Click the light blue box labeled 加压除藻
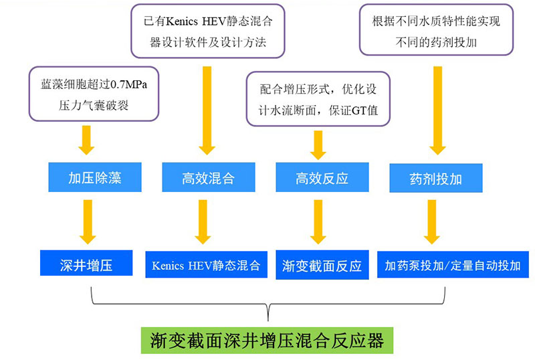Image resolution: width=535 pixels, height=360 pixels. tap(94, 178)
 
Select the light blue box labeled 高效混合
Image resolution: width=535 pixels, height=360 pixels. tap(208, 178)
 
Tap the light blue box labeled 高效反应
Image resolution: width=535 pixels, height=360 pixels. tap(322, 178)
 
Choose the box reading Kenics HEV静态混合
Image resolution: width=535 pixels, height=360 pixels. tap(205, 264)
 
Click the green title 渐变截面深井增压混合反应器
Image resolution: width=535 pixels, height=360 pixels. tap(267, 340)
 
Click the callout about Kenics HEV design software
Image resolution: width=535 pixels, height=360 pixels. tap(208, 31)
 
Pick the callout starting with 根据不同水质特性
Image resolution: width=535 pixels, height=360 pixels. tap(435, 31)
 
